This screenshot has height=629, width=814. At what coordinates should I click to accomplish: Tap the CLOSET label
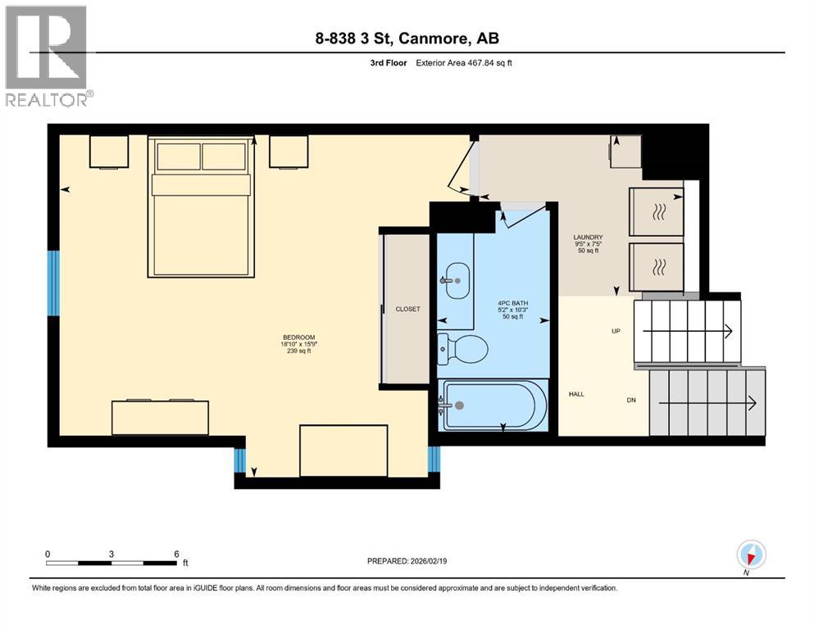[x=407, y=309]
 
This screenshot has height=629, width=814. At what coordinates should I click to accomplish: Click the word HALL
[x=576, y=394]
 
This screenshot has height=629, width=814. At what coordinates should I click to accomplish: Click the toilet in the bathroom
[x=462, y=349]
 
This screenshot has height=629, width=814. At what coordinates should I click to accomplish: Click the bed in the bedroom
[x=202, y=209]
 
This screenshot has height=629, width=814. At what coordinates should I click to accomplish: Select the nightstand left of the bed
[x=109, y=152]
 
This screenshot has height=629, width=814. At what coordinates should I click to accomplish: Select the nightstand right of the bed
[x=289, y=152]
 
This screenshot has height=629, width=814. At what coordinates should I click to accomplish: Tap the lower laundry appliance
[x=656, y=266]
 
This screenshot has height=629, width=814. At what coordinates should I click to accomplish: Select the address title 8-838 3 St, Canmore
[x=407, y=38]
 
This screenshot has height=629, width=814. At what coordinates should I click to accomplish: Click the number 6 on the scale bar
[x=176, y=554]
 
